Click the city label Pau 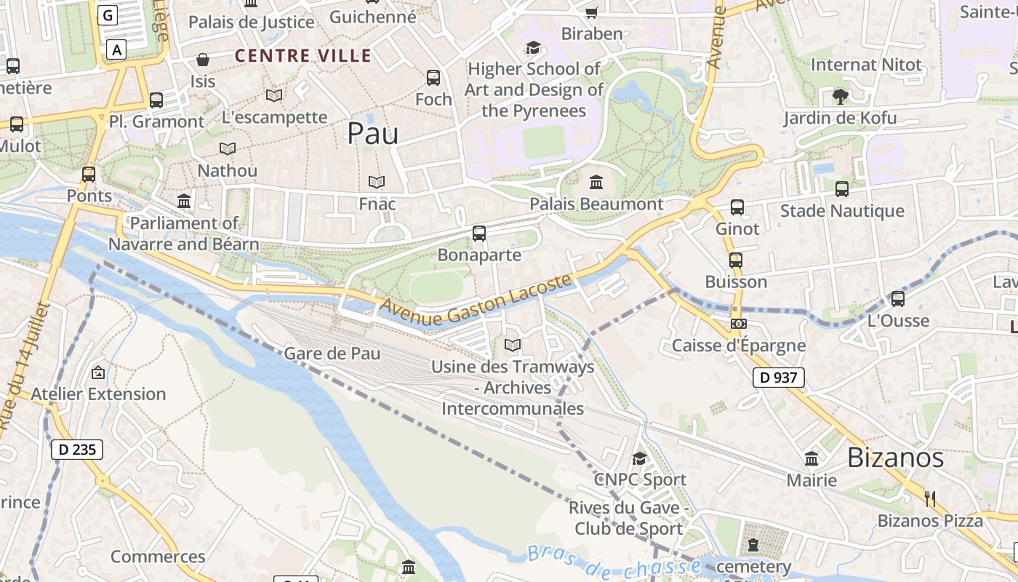click(372, 134)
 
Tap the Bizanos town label click(895, 458)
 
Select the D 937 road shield click(778, 378)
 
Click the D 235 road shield click(76, 450)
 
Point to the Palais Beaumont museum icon click(596, 182)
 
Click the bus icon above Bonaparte click(478, 234)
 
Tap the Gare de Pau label click(332, 354)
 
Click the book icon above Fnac click(377, 182)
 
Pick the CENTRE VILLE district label click(303, 56)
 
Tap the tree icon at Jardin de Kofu click(840, 96)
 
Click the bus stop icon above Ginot click(737, 207)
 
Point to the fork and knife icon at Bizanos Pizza click(930, 499)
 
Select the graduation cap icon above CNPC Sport click(639, 458)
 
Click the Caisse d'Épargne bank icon click(738, 324)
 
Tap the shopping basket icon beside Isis click(203, 60)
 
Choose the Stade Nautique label click(842, 211)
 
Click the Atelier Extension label click(98, 394)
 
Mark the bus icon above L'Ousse click(898, 299)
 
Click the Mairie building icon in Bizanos click(811, 459)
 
